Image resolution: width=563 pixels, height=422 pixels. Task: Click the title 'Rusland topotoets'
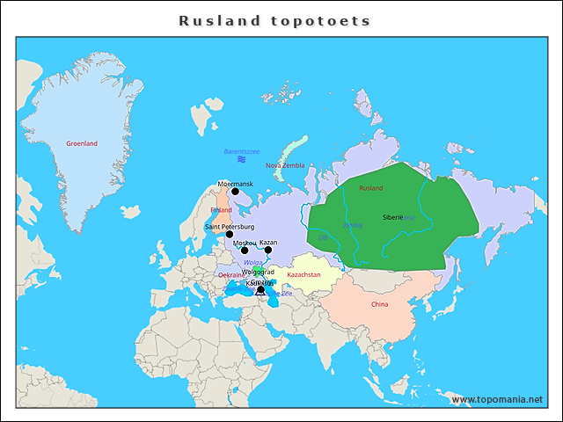[x=274, y=20]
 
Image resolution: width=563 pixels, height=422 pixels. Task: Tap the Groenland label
[x=82, y=143]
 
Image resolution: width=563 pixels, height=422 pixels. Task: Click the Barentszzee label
[x=241, y=151]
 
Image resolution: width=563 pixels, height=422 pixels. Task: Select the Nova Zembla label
[x=285, y=165]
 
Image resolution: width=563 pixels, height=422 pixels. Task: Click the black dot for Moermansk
[x=235, y=192]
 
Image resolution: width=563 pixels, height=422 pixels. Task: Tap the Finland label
[x=221, y=210]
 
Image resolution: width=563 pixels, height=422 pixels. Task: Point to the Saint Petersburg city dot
[x=230, y=234]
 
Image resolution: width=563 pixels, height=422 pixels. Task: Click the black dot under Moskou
[x=245, y=251]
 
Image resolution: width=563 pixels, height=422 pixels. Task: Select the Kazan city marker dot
[x=268, y=250]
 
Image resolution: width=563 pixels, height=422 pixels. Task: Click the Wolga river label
[x=253, y=263]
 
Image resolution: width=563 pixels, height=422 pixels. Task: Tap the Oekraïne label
[x=230, y=275]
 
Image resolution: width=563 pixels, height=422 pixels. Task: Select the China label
[x=379, y=304]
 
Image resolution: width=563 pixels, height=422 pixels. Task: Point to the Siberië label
[x=393, y=216]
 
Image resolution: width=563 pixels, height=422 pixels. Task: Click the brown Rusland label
[x=371, y=188]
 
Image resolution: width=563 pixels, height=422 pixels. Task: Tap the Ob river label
[x=322, y=236]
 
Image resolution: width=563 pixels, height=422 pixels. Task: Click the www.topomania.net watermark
[x=497, y=399]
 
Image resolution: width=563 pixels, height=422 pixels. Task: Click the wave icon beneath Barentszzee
[x=241, y=159]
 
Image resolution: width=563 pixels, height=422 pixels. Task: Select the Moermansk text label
[x=235, y=184]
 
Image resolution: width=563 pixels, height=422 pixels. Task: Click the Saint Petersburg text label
[x=230, y=226]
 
